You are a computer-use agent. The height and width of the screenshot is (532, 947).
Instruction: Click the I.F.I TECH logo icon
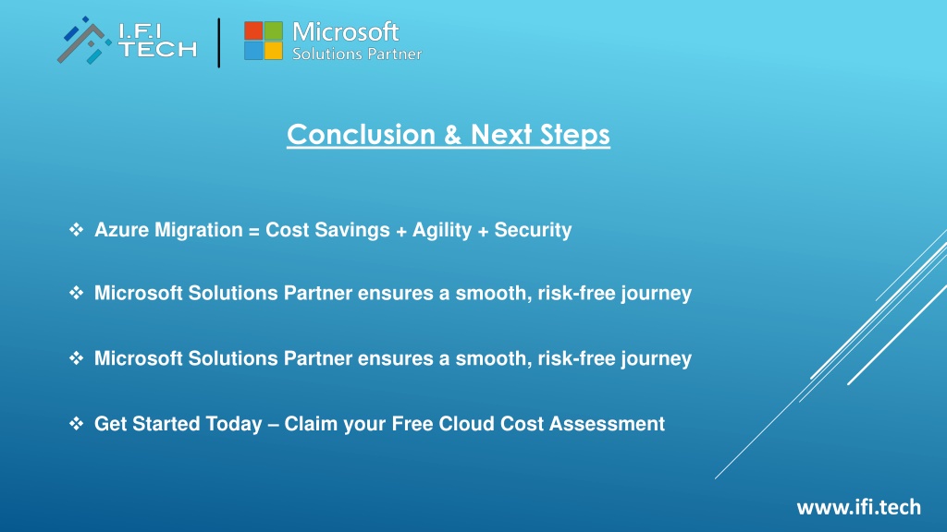[x=84, y=40]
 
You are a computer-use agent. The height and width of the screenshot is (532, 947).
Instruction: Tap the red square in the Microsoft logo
[x=253, y=30]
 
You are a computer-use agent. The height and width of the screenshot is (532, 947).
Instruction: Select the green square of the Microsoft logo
[x=274, y=30]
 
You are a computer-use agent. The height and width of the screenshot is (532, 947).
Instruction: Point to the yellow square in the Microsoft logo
[x=274, y=51]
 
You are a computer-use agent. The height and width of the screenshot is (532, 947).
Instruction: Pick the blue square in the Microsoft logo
[x=253, y=51]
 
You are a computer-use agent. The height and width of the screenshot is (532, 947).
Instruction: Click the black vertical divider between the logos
[x=218, y=42]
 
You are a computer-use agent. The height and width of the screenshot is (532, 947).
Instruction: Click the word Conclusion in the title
[x=362, y=134]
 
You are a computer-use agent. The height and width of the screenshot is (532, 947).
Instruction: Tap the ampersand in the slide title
[x=452, y=135]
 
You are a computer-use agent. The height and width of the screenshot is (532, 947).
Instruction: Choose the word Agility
[x=442, y=230]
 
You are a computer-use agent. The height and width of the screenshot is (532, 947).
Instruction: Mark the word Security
[x=533, y=230]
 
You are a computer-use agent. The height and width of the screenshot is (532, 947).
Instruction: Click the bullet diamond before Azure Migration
[x=76, y=229]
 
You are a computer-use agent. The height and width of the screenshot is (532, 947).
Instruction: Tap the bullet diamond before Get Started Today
[x=76, y=423]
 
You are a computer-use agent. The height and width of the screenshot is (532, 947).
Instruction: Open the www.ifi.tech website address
[x=859, y=507]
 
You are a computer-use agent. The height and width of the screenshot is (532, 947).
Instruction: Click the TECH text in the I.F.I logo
[x=157, y=49]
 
